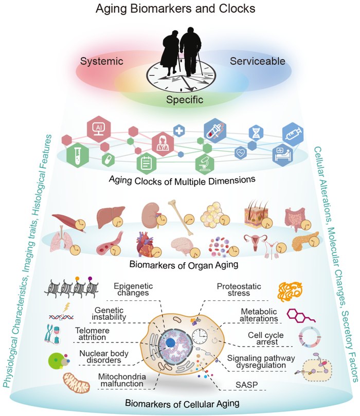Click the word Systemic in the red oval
102,61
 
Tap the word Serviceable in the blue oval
257,61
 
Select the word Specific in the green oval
185,100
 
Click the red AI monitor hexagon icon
99,129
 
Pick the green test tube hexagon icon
78,155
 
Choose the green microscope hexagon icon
205,164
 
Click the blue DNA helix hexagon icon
256,133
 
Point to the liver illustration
110,216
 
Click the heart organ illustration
146,244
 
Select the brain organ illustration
183,246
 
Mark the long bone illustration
181,218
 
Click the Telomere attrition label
92,334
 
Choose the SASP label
247,385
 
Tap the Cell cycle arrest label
266,338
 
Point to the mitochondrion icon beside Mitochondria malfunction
76,383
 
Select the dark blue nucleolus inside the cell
170,343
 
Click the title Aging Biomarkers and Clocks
175,9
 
